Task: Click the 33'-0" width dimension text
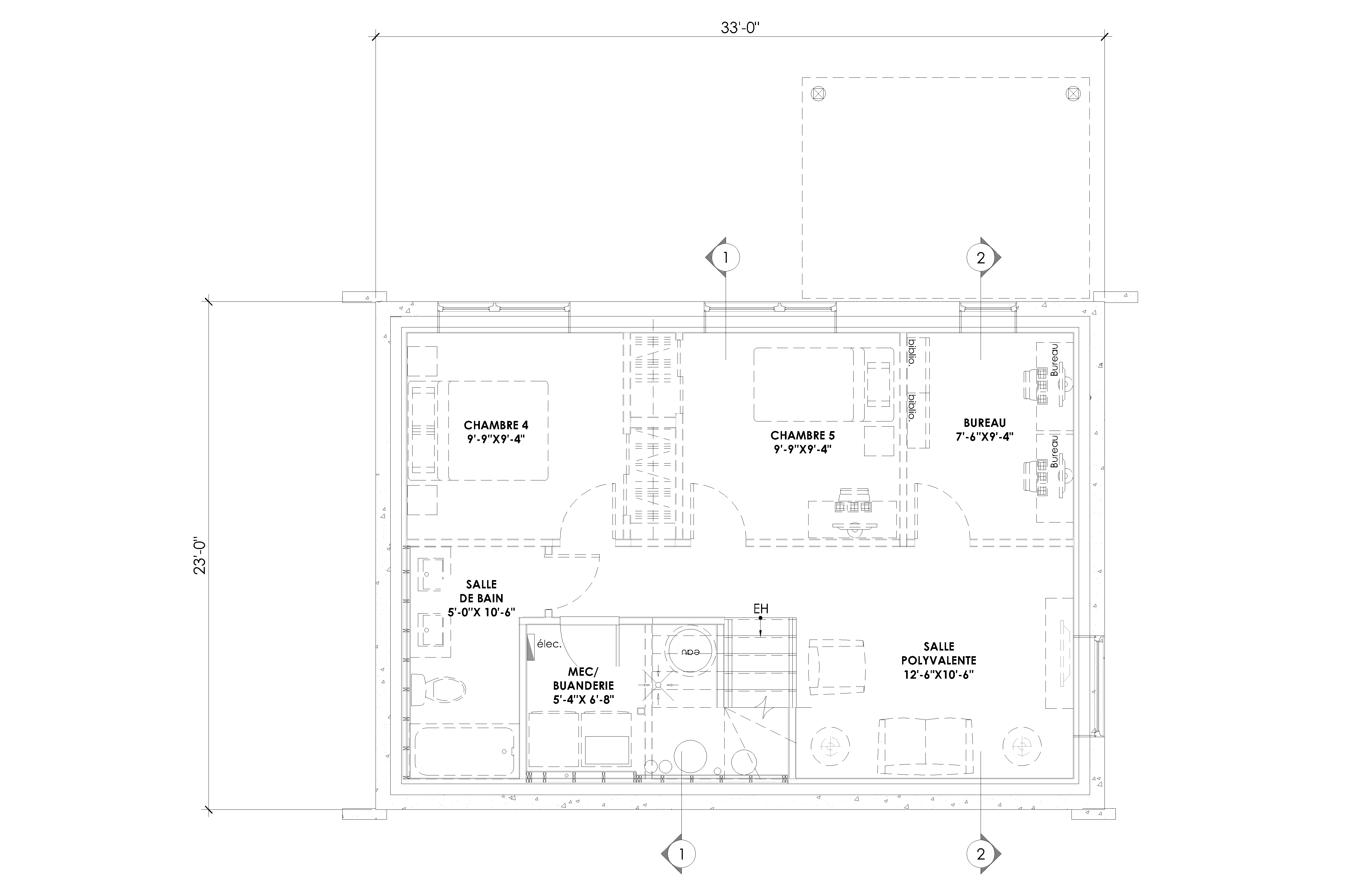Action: (744, 28)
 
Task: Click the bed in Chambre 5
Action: (823, 384)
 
